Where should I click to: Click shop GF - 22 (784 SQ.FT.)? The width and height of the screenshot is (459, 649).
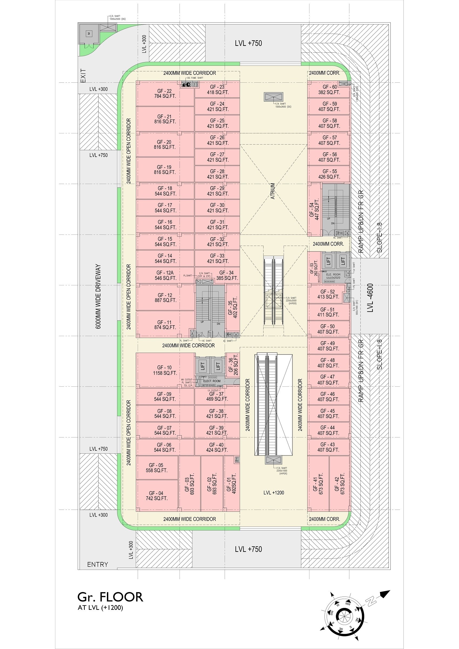point(165,93)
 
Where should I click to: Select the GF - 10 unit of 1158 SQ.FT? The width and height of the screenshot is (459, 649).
point(165,370)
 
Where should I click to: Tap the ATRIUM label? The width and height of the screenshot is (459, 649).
point(273,191)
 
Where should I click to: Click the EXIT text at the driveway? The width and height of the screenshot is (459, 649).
point(83,75)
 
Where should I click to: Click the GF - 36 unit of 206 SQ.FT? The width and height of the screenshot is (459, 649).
point(233,365)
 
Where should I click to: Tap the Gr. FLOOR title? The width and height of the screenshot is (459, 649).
point(110,597)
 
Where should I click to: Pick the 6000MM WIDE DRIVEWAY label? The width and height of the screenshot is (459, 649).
point(98,296)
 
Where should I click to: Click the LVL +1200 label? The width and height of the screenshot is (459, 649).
point(274,493)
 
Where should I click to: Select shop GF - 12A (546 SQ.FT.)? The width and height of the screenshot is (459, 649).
point(165,275)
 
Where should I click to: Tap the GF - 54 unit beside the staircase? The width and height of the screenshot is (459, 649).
point(314,210)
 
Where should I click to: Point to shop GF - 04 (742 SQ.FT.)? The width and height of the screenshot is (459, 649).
point(157,496)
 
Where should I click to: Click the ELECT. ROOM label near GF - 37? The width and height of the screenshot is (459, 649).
point(212,381)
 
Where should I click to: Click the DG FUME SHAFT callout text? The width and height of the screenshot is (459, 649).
point(195,78)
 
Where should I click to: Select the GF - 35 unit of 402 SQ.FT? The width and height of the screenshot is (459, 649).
point(233,309)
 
